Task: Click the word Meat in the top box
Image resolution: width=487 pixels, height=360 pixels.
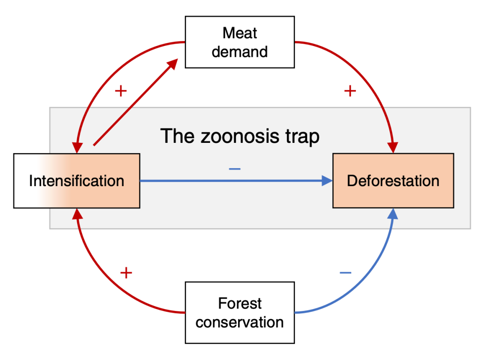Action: [x=239, y=33]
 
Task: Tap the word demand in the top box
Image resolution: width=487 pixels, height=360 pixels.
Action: [x=239, y=51]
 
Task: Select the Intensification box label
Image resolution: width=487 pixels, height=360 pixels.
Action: [x=77, y=181]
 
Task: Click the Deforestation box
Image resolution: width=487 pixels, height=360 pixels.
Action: [x=393, y=181]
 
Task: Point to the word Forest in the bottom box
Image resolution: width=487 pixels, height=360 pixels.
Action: [x=239, y=303]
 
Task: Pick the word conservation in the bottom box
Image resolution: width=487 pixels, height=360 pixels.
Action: [x=239, y=322]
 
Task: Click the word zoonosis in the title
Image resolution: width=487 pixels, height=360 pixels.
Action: [x=239, y=136]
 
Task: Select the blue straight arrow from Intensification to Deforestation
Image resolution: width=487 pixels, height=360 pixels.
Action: [x=234, y=181]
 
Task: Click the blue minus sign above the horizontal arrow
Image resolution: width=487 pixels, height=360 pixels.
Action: [x=234, y=169]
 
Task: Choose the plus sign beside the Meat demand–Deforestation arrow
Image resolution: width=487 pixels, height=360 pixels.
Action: [x=350, y=91]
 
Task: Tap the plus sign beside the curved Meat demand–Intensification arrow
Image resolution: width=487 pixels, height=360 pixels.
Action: [x=120, y=91]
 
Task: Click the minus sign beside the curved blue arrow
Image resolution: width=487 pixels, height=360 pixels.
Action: [x=345, y=273]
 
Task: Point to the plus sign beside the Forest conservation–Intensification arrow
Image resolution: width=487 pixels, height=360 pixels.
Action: [x=126, y=273]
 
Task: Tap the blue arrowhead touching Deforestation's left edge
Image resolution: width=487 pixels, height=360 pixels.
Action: [x=327, y=181]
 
